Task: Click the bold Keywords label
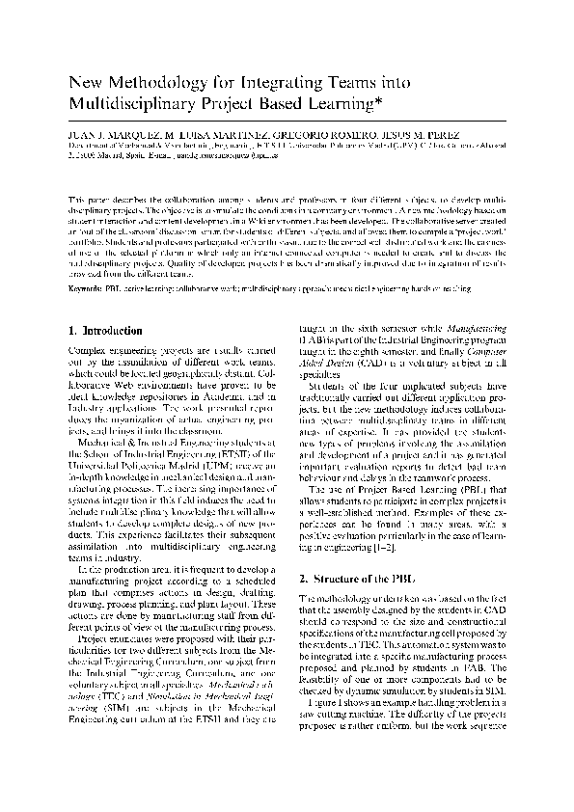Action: pyautogui.click(x=90, y=287)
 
